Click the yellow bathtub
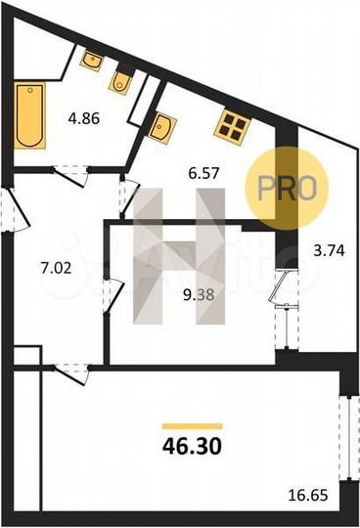pyautogui.click(x=29, y=115)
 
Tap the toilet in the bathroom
pyautogui.click(x=121, y=81)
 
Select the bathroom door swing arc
pyautogui.click(x=67, y=176)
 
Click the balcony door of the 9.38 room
pyautogui.click(x=282, y=293)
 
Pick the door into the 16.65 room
pyautogui.click(x=70, y=369)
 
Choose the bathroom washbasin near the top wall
pyautogui.click(x=92, y=60)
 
